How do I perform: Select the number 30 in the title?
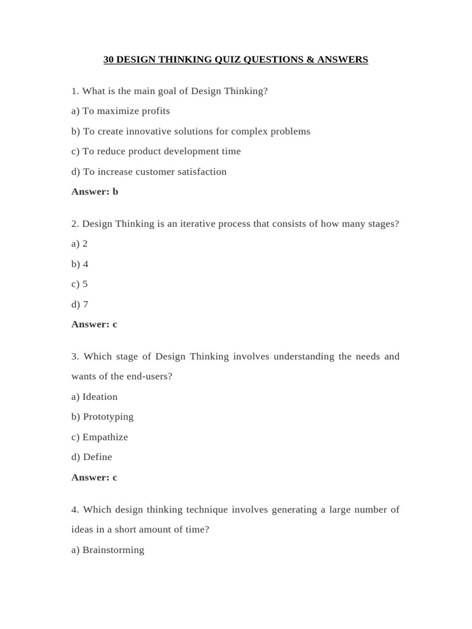pos(108,60)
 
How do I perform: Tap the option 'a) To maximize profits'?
pos(120,111)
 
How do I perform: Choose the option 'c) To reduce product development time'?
pos(156,151)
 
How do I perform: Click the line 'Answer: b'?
pos(95,192)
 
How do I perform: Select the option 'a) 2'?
pos(79,244)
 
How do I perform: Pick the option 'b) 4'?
pos(80,264)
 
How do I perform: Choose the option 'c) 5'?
pos(79,284)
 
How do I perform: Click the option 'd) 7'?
pos(80,305)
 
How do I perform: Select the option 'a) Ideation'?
pos(94,397)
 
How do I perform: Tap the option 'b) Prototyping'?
pos(102,416)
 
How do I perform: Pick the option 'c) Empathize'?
pos(100,437)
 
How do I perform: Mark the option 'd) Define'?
pos(92,457)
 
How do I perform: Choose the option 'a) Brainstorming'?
pos(108,550)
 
